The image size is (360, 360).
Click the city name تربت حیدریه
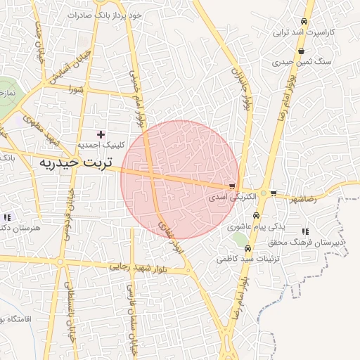pos(66,163)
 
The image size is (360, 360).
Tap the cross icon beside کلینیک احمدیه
pos(101,134)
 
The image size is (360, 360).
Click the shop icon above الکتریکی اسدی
pos(231,186)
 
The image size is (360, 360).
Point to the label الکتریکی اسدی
pos(226,199)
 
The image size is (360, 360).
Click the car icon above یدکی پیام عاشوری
pos(256,216)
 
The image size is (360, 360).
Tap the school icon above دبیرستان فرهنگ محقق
pos(304,231)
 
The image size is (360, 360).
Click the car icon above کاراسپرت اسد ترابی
pos(303,22)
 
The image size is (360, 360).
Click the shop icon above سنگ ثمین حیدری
pos(301,51)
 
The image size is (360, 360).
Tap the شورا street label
pos(76,89)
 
